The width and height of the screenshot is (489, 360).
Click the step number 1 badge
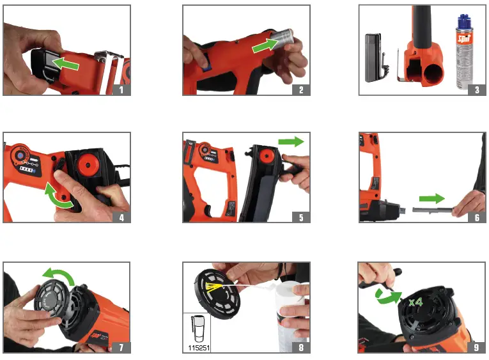coord(123,89)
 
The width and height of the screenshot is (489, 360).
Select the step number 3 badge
coord(476,89)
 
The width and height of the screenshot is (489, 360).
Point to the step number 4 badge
coord(123,216)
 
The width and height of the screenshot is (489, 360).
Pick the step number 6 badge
coord(476,216)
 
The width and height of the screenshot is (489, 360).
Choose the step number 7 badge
coord(123,347)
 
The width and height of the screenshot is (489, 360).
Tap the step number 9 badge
coord(476,347)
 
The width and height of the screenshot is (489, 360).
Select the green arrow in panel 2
coord(267,43)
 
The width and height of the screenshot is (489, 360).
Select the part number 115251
coord(198,347)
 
